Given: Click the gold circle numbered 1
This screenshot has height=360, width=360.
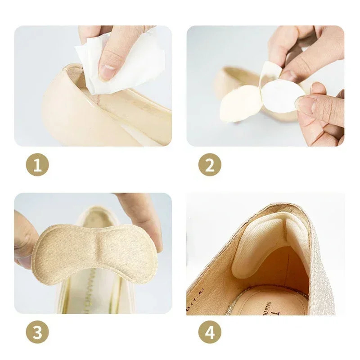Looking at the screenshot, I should pos(37,166).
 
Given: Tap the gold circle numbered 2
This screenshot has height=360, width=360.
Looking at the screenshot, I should pos(210,166).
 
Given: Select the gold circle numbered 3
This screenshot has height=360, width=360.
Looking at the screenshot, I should pos(37,333).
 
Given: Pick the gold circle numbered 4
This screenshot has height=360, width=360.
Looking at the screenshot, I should pos(210,333).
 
